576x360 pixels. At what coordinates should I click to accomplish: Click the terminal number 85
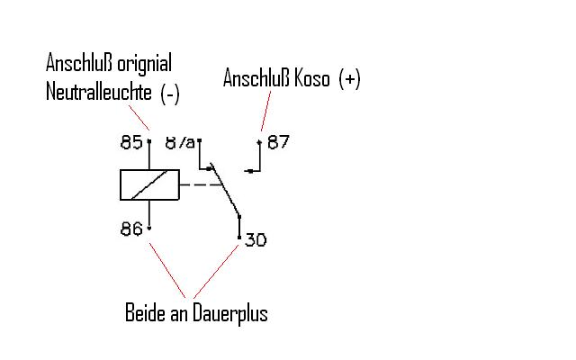tap(131, 142)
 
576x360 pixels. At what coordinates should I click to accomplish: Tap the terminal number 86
tap(131, 229)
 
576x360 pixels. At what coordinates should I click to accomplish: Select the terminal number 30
tap(256, 239)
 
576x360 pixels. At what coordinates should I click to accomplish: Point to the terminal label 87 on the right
tap(278, 142)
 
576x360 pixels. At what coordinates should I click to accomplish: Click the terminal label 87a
tap(180, 142)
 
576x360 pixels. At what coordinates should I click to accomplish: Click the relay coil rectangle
tap(150, 184)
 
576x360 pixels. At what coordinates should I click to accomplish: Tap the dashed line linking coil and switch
tap(202, 184)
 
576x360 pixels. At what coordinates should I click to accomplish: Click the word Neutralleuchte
tap(99, 92)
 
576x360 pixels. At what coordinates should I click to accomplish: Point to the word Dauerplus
tap(230, 313)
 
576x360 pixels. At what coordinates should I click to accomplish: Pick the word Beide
tap(145, 312)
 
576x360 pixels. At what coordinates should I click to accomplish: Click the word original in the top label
tap(144, 64)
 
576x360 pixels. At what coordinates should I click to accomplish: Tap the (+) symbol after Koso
tap(349, 78)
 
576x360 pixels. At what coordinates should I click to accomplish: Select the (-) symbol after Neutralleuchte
tap(170, 93)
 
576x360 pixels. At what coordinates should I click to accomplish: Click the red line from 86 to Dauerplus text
tap(167, 270)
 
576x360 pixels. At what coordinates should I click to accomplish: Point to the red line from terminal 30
tap(216, 271)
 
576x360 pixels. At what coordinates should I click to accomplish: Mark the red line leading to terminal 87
tap(266, 111)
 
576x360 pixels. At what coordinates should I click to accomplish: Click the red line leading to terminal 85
tap(139, 118)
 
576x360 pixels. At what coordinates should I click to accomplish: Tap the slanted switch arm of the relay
tap(225, 190)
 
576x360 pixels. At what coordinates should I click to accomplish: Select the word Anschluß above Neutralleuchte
tap(79, 63)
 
